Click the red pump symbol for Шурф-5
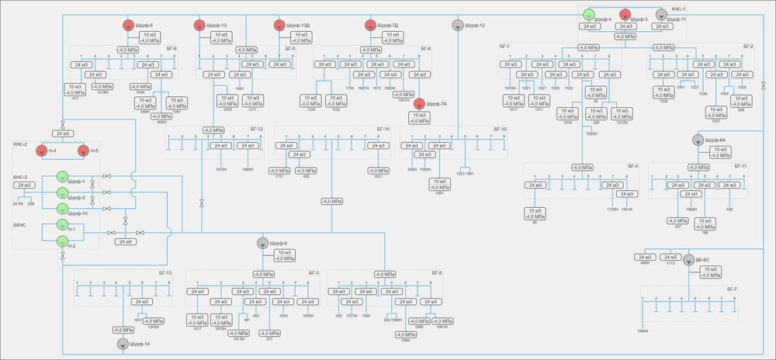click(x=129, y=25)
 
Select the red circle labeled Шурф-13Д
click(x=279, y=25)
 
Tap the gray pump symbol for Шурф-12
click(x=458, y=25)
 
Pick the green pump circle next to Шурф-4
click(x=588, y=15)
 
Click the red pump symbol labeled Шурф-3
click(x=636, y=13)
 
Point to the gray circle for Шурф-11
click(x=661, y=14)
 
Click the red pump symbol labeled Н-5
click(x=85, y=151)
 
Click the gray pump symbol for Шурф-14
click(x=123, y=343)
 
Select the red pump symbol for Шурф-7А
click(x=420, y=103)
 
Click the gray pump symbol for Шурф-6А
click(x=698, y=140)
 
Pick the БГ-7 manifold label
click(x=732, y=289)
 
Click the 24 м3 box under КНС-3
click(x=23, y=185)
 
